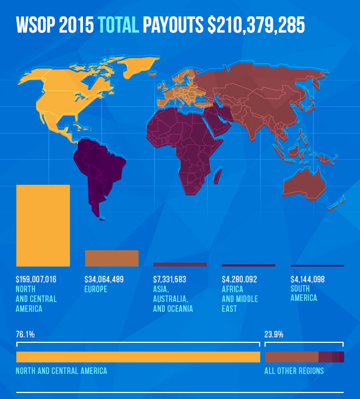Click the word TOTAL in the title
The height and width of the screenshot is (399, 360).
coord(118,26)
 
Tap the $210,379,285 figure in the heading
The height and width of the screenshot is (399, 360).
coord(256,26)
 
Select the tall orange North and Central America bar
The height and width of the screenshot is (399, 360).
coord(43,225)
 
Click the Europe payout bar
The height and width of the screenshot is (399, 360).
coord(112,258)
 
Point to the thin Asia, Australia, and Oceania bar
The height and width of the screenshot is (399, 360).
coord(180,264)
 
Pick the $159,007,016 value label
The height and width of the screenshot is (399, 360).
coord(37,280)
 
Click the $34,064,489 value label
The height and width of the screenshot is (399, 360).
coord(104,280)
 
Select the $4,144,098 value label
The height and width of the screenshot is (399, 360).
coord(308,280)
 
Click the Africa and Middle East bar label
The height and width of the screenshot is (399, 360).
coord(240,299)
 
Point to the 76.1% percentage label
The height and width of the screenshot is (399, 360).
coord(26,335)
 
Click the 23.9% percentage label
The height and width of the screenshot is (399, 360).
coord(274,335)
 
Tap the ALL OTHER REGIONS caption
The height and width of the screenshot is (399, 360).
coord(294,371)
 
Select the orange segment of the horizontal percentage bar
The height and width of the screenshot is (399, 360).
coord(138,357)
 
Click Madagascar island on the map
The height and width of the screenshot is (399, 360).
coord(217,175)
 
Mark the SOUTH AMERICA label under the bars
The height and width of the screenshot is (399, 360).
coord(304,293)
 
